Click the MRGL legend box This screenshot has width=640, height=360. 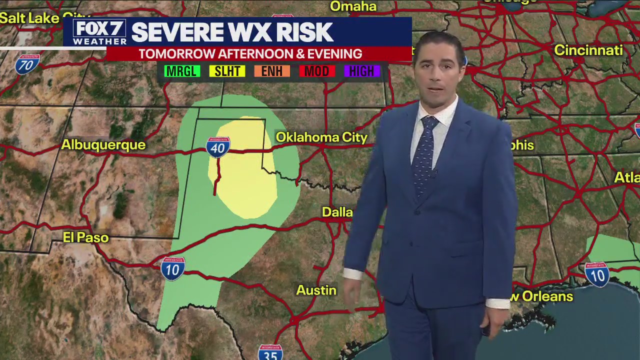(x=182, y=71)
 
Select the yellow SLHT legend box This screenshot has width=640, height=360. (x=227, y=71)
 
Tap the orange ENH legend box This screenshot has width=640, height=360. (x=272, y=71)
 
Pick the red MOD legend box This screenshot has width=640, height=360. (x=317, y=71)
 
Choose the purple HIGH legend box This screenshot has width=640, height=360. (x=362, y=71)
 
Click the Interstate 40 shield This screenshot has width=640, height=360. (x=218, y=146)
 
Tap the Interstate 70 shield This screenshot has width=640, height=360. (x=27, y=64)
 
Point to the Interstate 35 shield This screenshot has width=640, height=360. (x=270, y=352)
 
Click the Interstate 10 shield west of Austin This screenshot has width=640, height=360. (x=173, y=268)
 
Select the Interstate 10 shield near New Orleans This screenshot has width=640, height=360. (x=597, y=274)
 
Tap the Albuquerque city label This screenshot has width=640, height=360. (x=103, y=145)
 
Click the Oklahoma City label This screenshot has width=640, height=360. (x=321, y=137)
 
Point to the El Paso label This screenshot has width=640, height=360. (x=86, y=237)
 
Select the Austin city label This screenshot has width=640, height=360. (x=316, y=290)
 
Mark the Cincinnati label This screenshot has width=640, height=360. (x=588, y=50)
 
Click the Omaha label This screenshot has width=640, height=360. (x=353, y=6)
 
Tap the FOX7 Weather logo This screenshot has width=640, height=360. (x=99, y=32)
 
